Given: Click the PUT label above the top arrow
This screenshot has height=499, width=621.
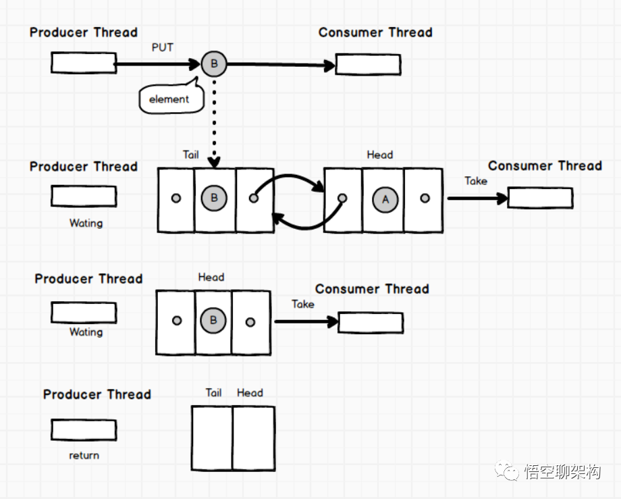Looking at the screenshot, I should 162,47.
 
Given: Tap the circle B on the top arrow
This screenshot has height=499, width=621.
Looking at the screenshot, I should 214,64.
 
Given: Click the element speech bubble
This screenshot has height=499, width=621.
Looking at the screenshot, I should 169,99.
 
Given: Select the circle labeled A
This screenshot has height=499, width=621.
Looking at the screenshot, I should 385,199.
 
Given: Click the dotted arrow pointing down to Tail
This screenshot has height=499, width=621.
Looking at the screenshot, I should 214,122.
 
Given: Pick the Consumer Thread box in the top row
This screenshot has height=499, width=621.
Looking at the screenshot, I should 368,64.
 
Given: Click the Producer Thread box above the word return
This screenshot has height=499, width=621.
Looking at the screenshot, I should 84,429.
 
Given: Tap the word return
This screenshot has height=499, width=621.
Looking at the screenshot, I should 84,455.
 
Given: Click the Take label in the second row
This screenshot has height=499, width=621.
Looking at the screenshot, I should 476,181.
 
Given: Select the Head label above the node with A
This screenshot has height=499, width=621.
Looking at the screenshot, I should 379,155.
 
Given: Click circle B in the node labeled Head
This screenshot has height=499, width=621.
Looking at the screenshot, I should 213,320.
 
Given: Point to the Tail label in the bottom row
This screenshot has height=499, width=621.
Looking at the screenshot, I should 213,392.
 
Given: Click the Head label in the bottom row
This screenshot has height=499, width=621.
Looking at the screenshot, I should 250,392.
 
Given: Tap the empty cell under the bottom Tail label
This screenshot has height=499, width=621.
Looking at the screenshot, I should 212,438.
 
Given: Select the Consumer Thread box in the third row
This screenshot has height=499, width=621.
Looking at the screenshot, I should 370,323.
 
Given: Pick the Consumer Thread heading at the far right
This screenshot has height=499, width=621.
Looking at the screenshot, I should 545,166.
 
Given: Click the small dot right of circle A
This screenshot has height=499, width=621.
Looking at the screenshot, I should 425,199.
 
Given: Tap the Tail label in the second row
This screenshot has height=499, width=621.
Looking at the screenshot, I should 191,155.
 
